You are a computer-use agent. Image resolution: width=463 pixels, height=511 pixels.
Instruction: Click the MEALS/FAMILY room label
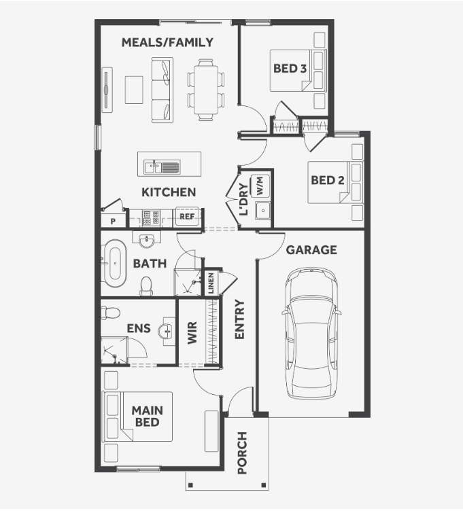(x=167, y=42)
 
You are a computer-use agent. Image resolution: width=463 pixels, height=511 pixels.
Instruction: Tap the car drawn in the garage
(x=311, y=333)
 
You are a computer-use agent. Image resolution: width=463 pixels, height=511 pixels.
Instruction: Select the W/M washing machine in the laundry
(x=260, y=186)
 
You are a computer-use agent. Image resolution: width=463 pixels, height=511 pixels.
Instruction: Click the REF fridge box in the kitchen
(x=187, y=216)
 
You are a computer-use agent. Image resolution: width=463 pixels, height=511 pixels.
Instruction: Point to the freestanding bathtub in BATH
(x=115, y=264)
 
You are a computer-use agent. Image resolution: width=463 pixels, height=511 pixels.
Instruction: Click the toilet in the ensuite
(x=110, y=313)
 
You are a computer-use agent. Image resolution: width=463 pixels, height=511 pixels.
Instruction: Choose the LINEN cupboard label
(x=211, y=283)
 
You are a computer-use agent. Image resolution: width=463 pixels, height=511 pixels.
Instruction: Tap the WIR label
(x=192, y=332)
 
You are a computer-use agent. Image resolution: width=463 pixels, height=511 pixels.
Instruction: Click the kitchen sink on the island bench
(x=162, y=167)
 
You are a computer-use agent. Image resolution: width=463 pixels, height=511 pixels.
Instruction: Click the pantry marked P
(x=113, y=220)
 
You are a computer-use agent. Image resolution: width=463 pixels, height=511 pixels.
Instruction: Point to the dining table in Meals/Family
(x=206, y=90)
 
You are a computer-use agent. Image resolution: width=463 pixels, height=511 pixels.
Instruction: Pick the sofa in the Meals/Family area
(x=162, y=90)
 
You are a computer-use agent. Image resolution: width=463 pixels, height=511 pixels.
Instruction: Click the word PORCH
(x=242, y=453)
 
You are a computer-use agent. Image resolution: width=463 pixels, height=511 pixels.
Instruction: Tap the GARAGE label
(x=311, y=250)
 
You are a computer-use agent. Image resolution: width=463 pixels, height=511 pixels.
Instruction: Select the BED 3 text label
(x=290, y=69)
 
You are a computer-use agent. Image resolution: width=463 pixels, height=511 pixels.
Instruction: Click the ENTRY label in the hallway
(x=239, y=319)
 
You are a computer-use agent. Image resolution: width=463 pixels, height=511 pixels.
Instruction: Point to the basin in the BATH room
(x=147, y=241)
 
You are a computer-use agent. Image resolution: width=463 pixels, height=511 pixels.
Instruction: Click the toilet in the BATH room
(x=146, y=286)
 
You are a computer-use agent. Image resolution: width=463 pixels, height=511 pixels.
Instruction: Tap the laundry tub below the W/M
(x=263, y=210)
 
